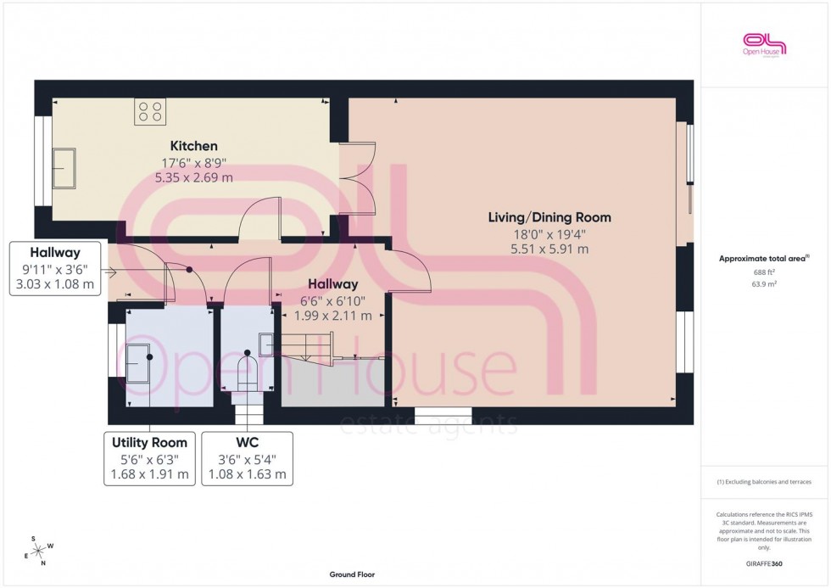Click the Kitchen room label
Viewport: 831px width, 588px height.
pyautogui.click(x=193, y=146)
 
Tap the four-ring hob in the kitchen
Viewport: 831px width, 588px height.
pyautogui.click(x=150, y=112)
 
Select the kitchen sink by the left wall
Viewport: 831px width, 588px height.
pyautogui.click(x=64, y=167)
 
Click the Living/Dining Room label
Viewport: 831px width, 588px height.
pyautogui.click(x=549, y=217)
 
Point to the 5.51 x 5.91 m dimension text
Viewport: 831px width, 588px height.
pyautogui.click(x=549, y=249)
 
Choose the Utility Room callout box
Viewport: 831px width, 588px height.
pyautogui.click(x=149, y=458)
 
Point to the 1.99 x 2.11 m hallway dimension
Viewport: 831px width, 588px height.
pyautogui.click(x=332, y=316)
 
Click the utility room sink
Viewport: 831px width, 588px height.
pyautogui.click(x=139, y=363)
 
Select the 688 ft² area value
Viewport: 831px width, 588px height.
pyautogui.click(x=765, y=272)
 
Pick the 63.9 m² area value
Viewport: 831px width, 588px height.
pyautogui.click(x=765, y=285)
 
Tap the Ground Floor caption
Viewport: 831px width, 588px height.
pyautogui.click(x=352, y=574)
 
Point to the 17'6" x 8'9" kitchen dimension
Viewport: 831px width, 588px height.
pyautogui.click(x=193, y=162)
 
